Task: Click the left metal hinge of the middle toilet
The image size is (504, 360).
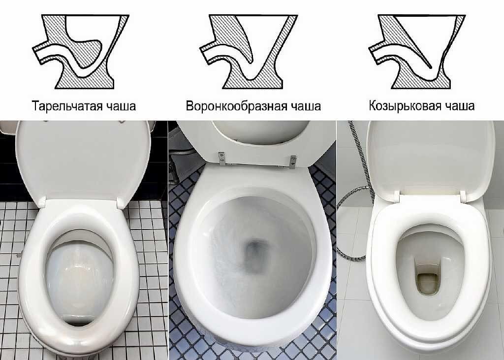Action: point(222,157)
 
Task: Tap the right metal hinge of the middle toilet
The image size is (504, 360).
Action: point(294,160)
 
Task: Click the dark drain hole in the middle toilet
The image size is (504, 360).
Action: point(255,254)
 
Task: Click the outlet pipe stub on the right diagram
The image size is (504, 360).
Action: point(377,49)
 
